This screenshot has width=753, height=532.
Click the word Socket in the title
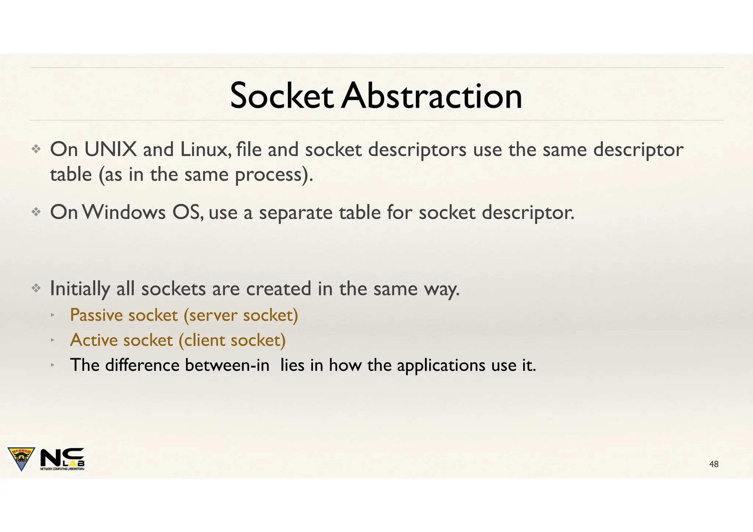281,96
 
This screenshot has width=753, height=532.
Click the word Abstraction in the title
431,96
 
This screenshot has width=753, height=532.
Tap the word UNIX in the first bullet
110,150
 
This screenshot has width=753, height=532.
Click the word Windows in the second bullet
124,213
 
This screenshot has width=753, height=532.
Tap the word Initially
80,289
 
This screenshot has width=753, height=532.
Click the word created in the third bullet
278,289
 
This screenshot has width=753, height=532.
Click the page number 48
714,464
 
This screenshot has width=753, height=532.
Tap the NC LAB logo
62,459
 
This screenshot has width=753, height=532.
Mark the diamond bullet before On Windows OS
36,212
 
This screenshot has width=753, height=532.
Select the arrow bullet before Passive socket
53,315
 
